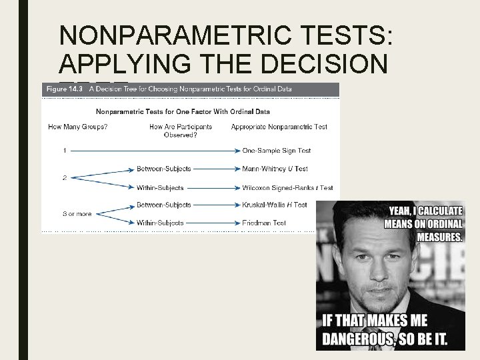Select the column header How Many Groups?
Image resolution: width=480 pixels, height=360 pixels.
[78, 127]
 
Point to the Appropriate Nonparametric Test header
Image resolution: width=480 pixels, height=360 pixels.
[279, 127]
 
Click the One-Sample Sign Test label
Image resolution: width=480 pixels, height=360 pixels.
[277, 151]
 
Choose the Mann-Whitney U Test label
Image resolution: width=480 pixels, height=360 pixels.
[275, 169]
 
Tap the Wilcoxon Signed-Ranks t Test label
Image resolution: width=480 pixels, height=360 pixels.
[287, 188]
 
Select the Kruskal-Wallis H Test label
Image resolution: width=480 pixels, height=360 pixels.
[275, 205]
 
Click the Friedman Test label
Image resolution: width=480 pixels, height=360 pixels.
[265, 223]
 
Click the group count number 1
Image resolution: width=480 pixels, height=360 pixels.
[65, 151]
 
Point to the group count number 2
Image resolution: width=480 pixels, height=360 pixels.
[65, 178]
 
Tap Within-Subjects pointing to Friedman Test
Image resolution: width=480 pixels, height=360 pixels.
[160, 223]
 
